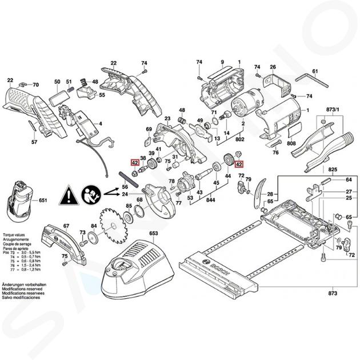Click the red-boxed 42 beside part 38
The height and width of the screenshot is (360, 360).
click(135, 163)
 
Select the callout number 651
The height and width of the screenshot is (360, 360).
click(42, 201)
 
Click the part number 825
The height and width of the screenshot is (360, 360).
click(333, 170)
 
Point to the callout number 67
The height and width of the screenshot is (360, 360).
click(66, 226)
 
